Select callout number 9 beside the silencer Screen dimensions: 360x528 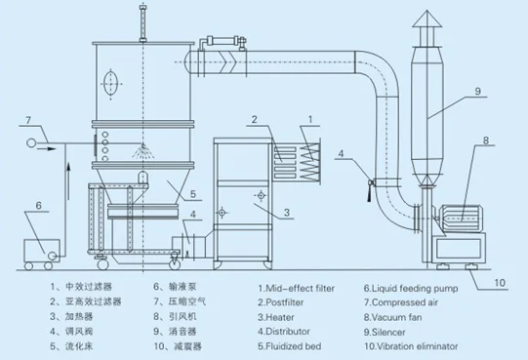(x=478, y=92)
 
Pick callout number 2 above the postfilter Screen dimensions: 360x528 (x=253, y=120)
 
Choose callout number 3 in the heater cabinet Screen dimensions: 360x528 (x=287, y=211)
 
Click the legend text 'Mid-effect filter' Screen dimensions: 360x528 (x=302, y=289)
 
